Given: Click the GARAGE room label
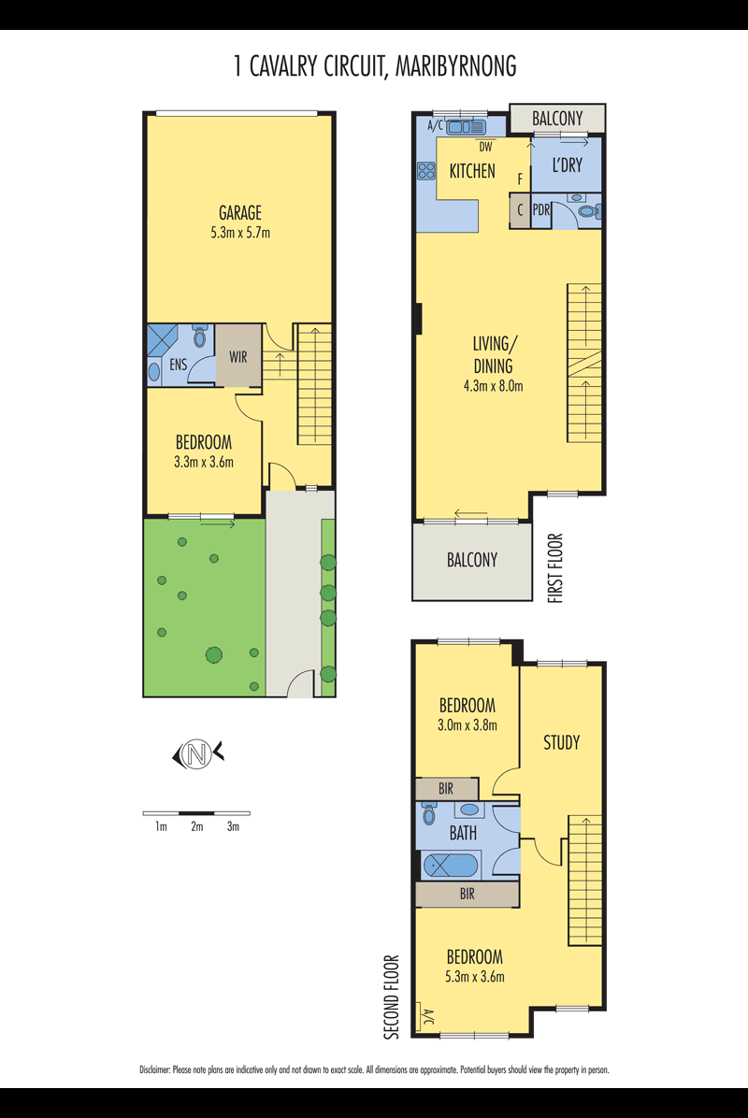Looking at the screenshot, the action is point(240,212).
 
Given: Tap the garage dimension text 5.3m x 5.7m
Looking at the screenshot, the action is point(240,233).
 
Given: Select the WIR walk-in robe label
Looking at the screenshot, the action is point(238,356).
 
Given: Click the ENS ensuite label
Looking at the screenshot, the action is point(179,365).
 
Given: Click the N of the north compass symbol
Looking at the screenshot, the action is point(198,754).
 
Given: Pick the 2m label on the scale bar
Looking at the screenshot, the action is point(196,827).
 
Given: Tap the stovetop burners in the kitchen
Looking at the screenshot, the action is point(426,171).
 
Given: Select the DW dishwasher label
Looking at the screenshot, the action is point(485,147).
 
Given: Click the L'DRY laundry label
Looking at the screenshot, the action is point(567,165).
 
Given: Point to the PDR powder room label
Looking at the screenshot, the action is point(541,210).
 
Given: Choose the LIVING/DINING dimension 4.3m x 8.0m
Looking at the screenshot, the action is point(494,386).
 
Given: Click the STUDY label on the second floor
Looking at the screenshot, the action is point(562,743).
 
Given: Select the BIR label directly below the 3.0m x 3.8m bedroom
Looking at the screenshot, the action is point(446,789).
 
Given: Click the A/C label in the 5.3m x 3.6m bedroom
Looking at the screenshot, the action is point(428,1016).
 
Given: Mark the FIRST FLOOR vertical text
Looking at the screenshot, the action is point(555,568).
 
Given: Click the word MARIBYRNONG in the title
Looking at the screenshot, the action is point(455,66).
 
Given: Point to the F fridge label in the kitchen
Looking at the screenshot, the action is point(521,179).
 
